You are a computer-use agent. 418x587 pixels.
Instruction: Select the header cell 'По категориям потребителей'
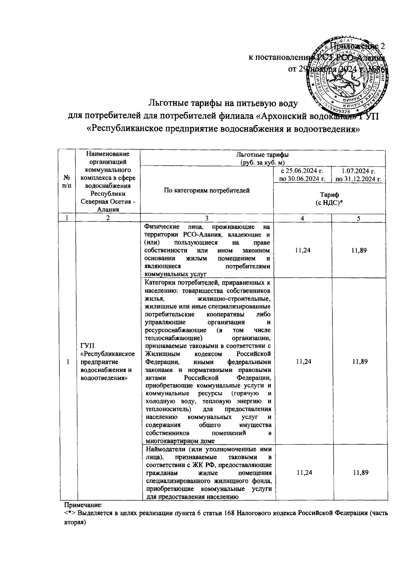click(207, 190)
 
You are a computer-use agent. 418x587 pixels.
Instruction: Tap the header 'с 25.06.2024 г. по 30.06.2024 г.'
click(302, 175)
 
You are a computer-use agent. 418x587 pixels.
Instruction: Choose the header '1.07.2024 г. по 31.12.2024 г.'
click(358, 175)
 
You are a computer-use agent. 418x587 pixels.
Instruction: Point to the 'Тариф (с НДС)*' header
click(330, 199)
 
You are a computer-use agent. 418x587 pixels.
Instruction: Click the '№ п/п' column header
click(67, 181)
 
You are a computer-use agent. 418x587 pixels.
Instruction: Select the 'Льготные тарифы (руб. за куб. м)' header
click(262, 158)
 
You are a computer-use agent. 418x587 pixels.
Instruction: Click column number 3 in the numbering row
click(207, 218)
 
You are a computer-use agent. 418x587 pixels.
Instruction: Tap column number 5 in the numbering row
click(358, 218)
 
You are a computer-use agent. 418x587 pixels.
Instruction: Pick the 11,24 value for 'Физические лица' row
click(302, 250)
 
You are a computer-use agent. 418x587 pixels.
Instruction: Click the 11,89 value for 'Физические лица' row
click(358, 250)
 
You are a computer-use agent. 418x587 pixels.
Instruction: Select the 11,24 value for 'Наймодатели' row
click(302, 472)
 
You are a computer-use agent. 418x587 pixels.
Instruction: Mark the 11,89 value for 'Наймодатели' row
click(358, 472)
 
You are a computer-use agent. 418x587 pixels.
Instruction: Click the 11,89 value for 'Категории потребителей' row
click(358, 362)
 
